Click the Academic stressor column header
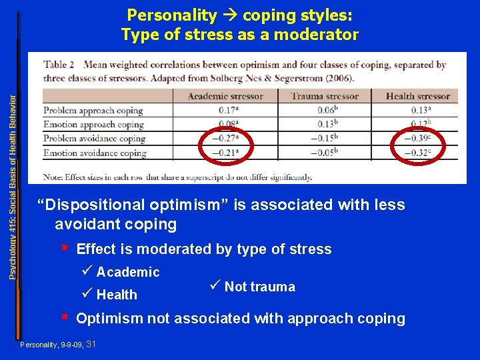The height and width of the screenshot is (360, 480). point(225,96)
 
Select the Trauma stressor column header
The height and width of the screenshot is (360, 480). point(325,96)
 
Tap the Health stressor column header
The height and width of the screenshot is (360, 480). point(418,96)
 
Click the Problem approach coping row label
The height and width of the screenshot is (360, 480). point(93,111)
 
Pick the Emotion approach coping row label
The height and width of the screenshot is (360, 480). point(93,125)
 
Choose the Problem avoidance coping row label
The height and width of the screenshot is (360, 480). point(94,139)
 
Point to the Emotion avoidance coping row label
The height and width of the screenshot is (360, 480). point(95,153)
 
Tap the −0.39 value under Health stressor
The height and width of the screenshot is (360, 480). point(417,139)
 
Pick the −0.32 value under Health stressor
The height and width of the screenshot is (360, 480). point(417,153)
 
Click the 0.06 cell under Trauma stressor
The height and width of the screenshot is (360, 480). point(325,111)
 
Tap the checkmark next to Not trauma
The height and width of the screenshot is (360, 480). point(214,286)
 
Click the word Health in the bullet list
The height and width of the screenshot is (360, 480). point(117,295)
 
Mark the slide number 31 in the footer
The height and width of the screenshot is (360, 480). point(91,344)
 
